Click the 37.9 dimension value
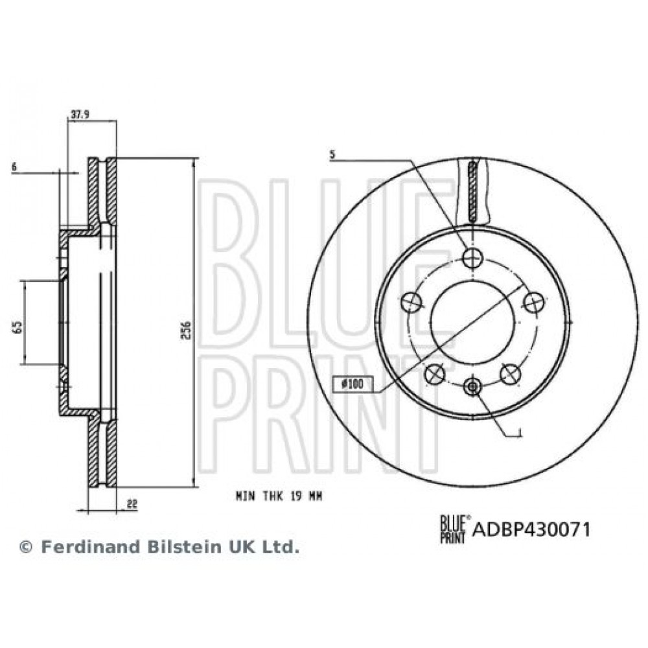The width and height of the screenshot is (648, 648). point(80,115)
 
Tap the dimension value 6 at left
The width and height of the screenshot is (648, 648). point(14,167)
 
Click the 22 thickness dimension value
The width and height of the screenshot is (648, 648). point(132,503)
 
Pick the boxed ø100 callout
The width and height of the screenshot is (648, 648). point(353,384)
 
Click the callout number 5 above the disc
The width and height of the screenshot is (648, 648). point(332,156)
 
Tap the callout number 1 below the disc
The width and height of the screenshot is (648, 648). point(520,433)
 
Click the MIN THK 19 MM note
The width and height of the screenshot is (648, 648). point(279,496)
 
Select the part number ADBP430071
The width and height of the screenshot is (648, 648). point(531,529)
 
